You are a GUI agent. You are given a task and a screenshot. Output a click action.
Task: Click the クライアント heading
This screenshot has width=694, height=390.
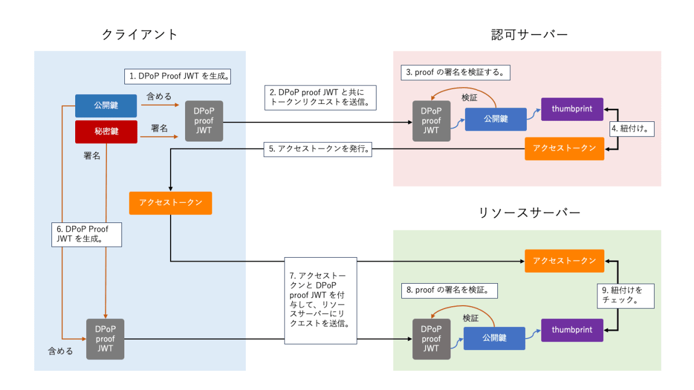pos(140,35)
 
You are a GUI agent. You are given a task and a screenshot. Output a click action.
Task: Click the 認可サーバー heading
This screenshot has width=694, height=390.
pos(526,35)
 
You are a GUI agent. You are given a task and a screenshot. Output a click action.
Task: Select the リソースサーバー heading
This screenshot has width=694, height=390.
pos(529,213)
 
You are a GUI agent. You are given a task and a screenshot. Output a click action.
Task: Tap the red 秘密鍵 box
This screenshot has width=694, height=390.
pos(106,132)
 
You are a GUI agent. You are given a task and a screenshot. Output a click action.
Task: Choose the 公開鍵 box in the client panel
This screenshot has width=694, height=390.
pos(106,106)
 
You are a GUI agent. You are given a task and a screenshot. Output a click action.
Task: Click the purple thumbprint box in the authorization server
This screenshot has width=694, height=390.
pos(572,109)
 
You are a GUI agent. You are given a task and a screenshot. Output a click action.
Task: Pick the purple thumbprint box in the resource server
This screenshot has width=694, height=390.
pos(572,330)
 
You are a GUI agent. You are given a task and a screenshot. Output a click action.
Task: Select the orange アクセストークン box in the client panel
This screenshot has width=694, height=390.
pos(171,203)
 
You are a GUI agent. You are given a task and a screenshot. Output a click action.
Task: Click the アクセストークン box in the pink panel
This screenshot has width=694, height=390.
pos(564,148)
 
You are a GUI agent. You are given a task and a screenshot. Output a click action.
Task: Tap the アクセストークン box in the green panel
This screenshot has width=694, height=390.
pos(564,261)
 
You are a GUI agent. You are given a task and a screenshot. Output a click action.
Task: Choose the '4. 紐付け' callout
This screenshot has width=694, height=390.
pos(633,129)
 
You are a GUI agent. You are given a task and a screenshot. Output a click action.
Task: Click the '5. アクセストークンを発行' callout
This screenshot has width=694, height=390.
pos(318,148)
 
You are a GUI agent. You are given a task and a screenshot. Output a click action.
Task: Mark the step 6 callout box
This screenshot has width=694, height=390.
pos(87,234)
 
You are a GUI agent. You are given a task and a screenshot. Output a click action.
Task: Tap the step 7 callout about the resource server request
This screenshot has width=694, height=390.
pos(321,302)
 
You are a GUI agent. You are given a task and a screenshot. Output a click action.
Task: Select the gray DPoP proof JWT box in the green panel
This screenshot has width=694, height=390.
pos(431,339)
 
